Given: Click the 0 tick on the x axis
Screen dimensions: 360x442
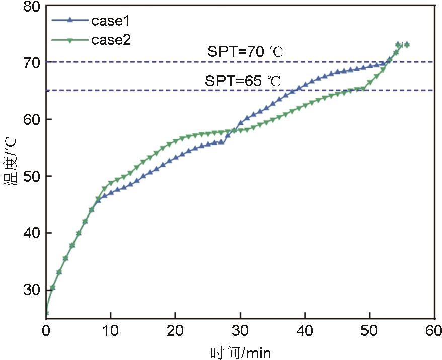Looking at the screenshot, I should [46, 330].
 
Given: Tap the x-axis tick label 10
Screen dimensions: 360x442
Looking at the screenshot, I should [111, 330].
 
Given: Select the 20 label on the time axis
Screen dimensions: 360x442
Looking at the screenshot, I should [175, 330].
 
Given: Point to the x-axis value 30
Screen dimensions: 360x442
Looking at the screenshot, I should [240, 330].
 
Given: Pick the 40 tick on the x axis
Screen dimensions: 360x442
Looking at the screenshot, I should [305, 330].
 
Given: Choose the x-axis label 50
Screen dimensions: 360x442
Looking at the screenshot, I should [370, 330].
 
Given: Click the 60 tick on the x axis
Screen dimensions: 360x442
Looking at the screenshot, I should [434, 330].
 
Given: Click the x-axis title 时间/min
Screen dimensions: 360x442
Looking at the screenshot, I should [240, 351].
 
